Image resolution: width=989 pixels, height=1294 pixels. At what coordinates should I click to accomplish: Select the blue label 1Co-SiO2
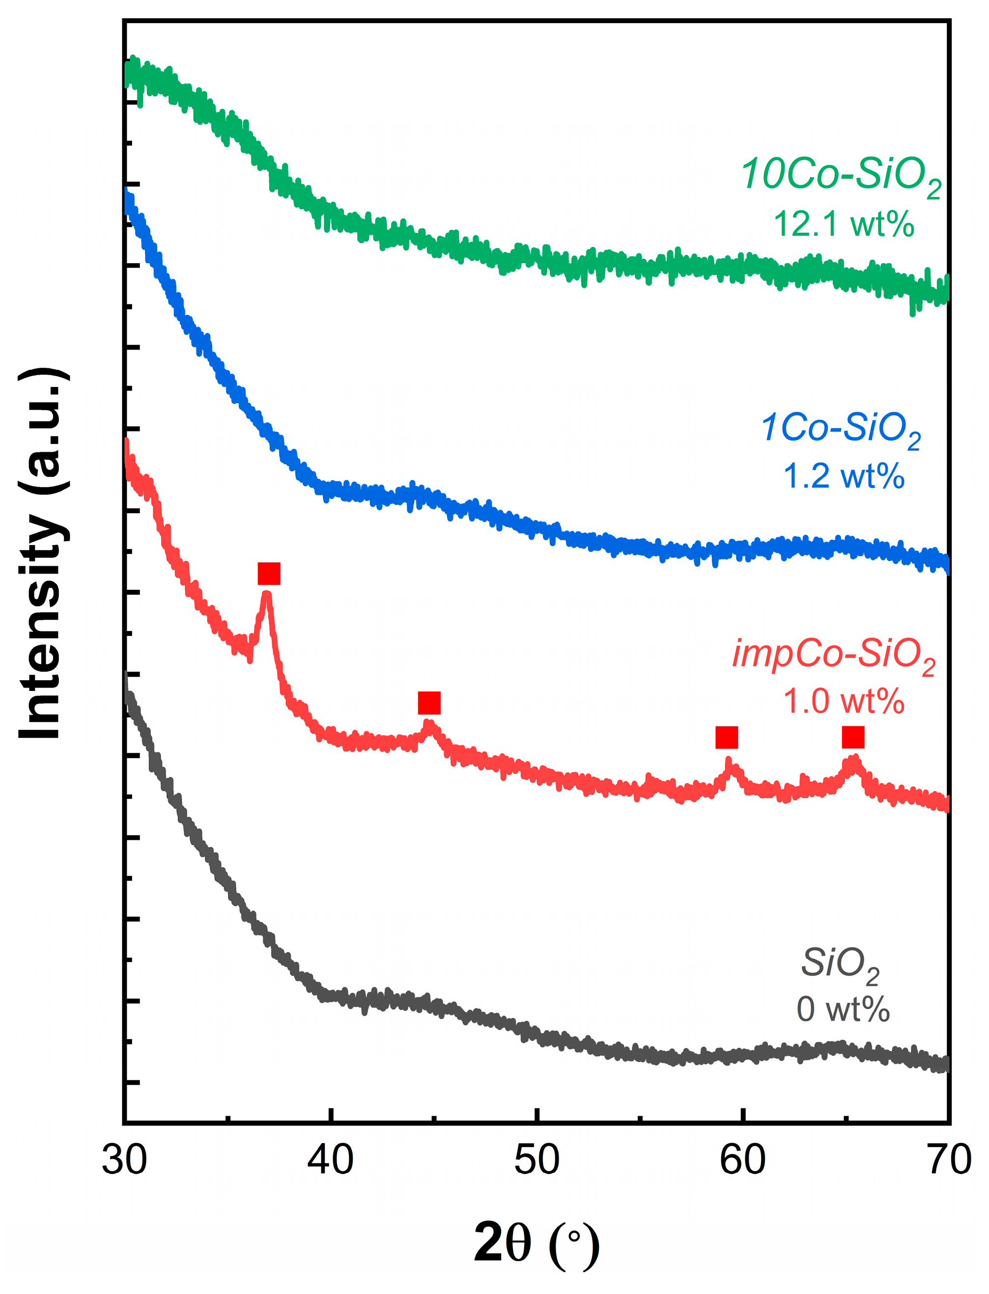coord(841,428)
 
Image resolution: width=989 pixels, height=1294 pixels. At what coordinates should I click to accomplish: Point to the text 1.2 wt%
coord(844,475)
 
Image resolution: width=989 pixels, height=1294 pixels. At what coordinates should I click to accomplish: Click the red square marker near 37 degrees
coord(269,573)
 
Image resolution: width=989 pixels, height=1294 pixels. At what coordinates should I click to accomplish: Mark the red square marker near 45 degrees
coord(429,703)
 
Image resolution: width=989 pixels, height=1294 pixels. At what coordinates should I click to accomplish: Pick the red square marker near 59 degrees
coord(727,737)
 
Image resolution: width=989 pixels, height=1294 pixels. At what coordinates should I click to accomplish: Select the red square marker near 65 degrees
coord(853,737)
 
